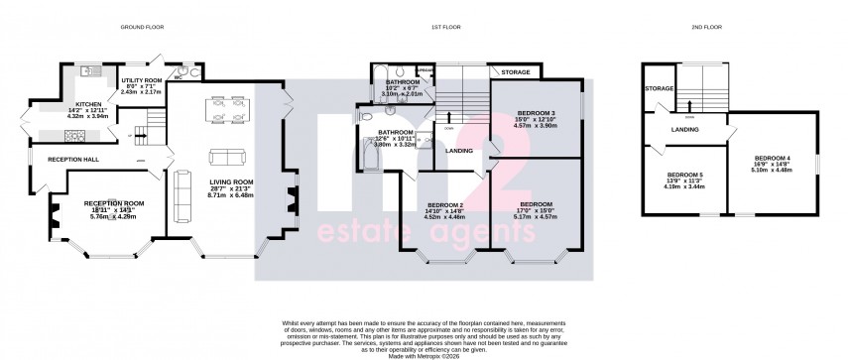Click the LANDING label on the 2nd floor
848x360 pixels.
pyautogui.click(x=683, y=129)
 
